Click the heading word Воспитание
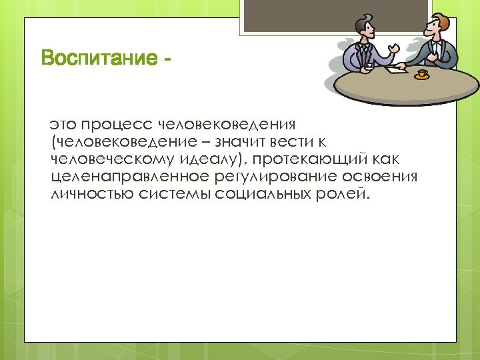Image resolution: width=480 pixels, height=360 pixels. (96, 59)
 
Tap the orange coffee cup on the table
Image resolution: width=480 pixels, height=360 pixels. (421, 73)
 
